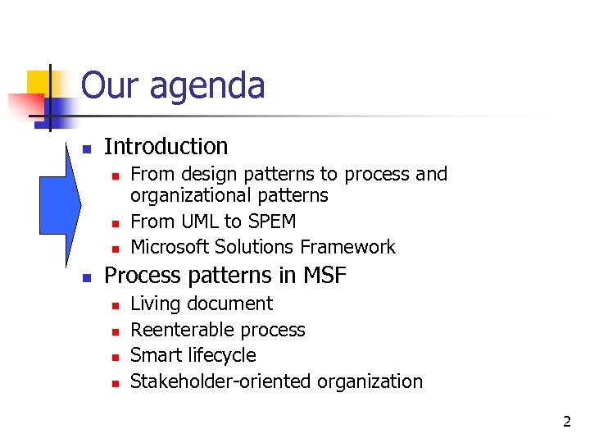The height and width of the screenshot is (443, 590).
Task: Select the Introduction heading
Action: [x=166, y=146]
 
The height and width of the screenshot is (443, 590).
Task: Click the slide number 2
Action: [x=566, y=422]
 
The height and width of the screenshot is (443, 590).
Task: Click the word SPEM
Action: [x=270, y=221]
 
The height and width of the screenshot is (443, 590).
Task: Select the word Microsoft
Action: [x=171, y=247]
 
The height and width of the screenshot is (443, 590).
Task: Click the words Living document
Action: [x=202, y=304]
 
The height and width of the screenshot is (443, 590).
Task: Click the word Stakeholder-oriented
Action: [x=221, y=381]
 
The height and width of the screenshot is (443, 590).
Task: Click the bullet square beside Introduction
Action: [x=86, y=148]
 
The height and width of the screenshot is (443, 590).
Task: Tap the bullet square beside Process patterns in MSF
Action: [x=86, y=277]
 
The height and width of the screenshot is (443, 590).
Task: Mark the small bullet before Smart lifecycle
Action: [x=116, y=357]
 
